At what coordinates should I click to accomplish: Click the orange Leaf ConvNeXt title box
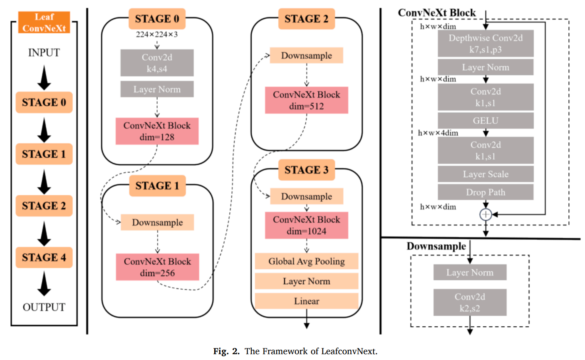click(44, 22)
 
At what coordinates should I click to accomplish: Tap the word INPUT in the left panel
click(44, 53)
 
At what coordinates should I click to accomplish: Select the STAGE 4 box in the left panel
click(44, 257)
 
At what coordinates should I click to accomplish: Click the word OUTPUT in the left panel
click(44, 307)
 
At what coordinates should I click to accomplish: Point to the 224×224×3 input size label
click(156, 34)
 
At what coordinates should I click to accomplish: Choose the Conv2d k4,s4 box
click(157, 63)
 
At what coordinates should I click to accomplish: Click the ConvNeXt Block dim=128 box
click(157, 131)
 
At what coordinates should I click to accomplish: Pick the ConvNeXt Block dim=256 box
click(157, 267)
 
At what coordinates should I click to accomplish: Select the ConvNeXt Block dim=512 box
click(306, 100)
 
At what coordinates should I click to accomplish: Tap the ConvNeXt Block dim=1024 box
click(306, 225)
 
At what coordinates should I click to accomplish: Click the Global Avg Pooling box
click(306, 261)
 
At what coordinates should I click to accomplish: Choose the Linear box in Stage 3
click(306, 301)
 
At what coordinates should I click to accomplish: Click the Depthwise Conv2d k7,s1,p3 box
click(485, 43)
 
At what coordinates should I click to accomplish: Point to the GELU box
click(485, 121)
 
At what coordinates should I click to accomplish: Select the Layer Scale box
click(485, 174)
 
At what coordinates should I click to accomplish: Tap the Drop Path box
click(485, 192)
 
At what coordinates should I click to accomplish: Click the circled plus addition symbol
click(486, 214)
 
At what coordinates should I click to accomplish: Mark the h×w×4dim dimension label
click(438, 133)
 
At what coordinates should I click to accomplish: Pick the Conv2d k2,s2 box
click(470, 303)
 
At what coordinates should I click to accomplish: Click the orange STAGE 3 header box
click(306, 170)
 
